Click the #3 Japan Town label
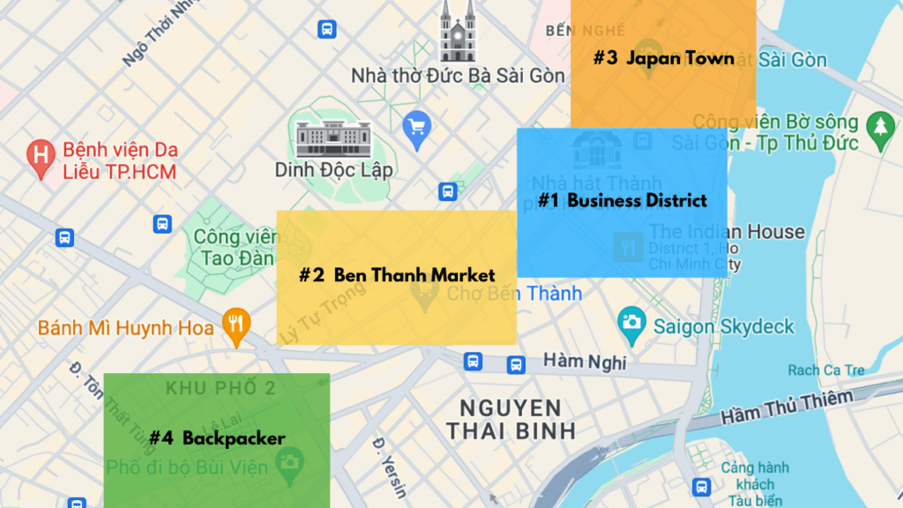[x=663, y=58]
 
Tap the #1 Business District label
[x=623, y=201]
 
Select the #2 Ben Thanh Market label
[x=397, y=275]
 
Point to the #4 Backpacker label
[x=217, y=437]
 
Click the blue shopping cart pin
[x=416, y=129]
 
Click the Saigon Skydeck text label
[x=724, y=326]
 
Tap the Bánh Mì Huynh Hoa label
[x=126, y=329]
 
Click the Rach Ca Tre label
[x=826, y=370]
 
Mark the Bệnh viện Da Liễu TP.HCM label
[x=119, y=160]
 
